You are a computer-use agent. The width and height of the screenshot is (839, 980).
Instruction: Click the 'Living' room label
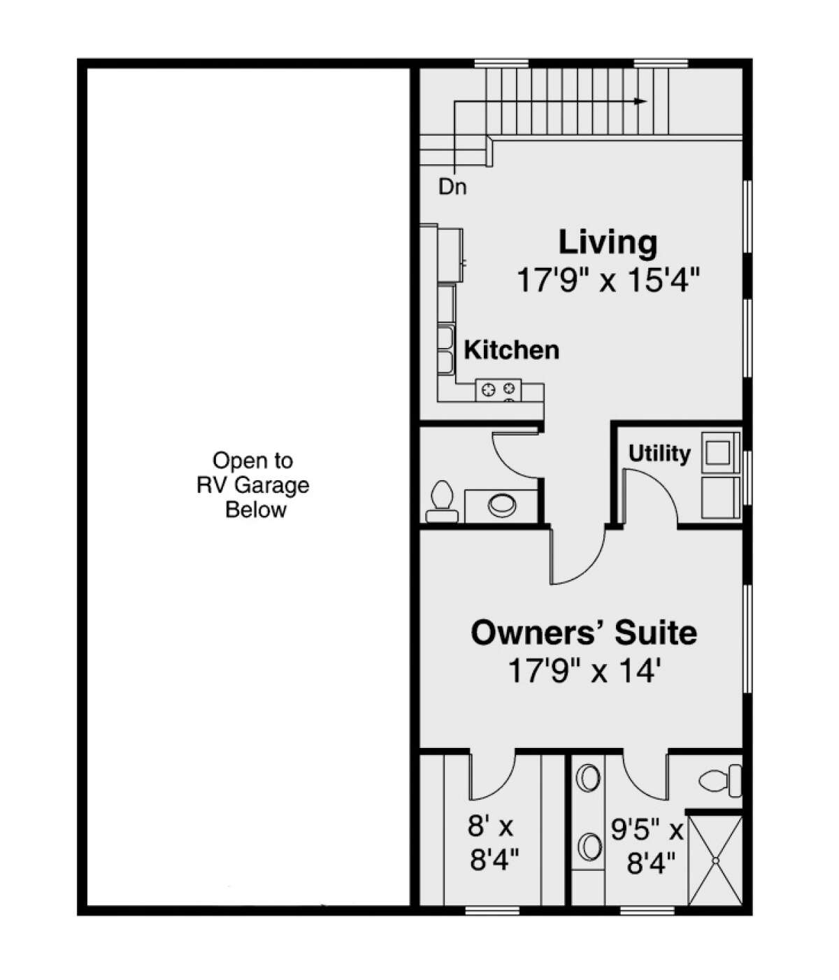coord(608,243)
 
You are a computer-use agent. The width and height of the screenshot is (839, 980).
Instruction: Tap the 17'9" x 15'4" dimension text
coord(608,281)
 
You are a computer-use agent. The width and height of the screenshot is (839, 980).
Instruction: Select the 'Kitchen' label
coord(511,350)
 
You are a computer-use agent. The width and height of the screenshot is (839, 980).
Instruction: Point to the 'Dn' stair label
coord(452,187)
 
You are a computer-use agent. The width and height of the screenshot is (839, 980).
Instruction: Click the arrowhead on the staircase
coord(639,101)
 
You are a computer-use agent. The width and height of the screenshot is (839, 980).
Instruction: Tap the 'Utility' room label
coord(659,454)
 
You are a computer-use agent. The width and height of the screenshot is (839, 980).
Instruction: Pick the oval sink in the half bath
coord(502,504)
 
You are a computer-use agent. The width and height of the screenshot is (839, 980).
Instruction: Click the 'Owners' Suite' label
coord(583,633)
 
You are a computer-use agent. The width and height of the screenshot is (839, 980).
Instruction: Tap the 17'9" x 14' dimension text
coord(583,672)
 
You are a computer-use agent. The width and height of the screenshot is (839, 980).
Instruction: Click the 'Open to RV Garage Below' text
coord(253,485)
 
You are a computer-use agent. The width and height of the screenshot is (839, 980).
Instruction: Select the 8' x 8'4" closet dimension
coord(493,844)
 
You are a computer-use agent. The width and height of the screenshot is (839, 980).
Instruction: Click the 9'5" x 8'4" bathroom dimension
coord(646,847)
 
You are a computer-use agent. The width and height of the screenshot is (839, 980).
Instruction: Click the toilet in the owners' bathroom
coord(720,780)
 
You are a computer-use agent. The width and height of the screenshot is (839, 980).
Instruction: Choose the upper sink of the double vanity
coord(589,778)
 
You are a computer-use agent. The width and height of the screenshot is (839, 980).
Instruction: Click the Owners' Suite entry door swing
coord(578,556)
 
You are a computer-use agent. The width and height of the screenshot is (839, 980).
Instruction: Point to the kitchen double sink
coord(445,350)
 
